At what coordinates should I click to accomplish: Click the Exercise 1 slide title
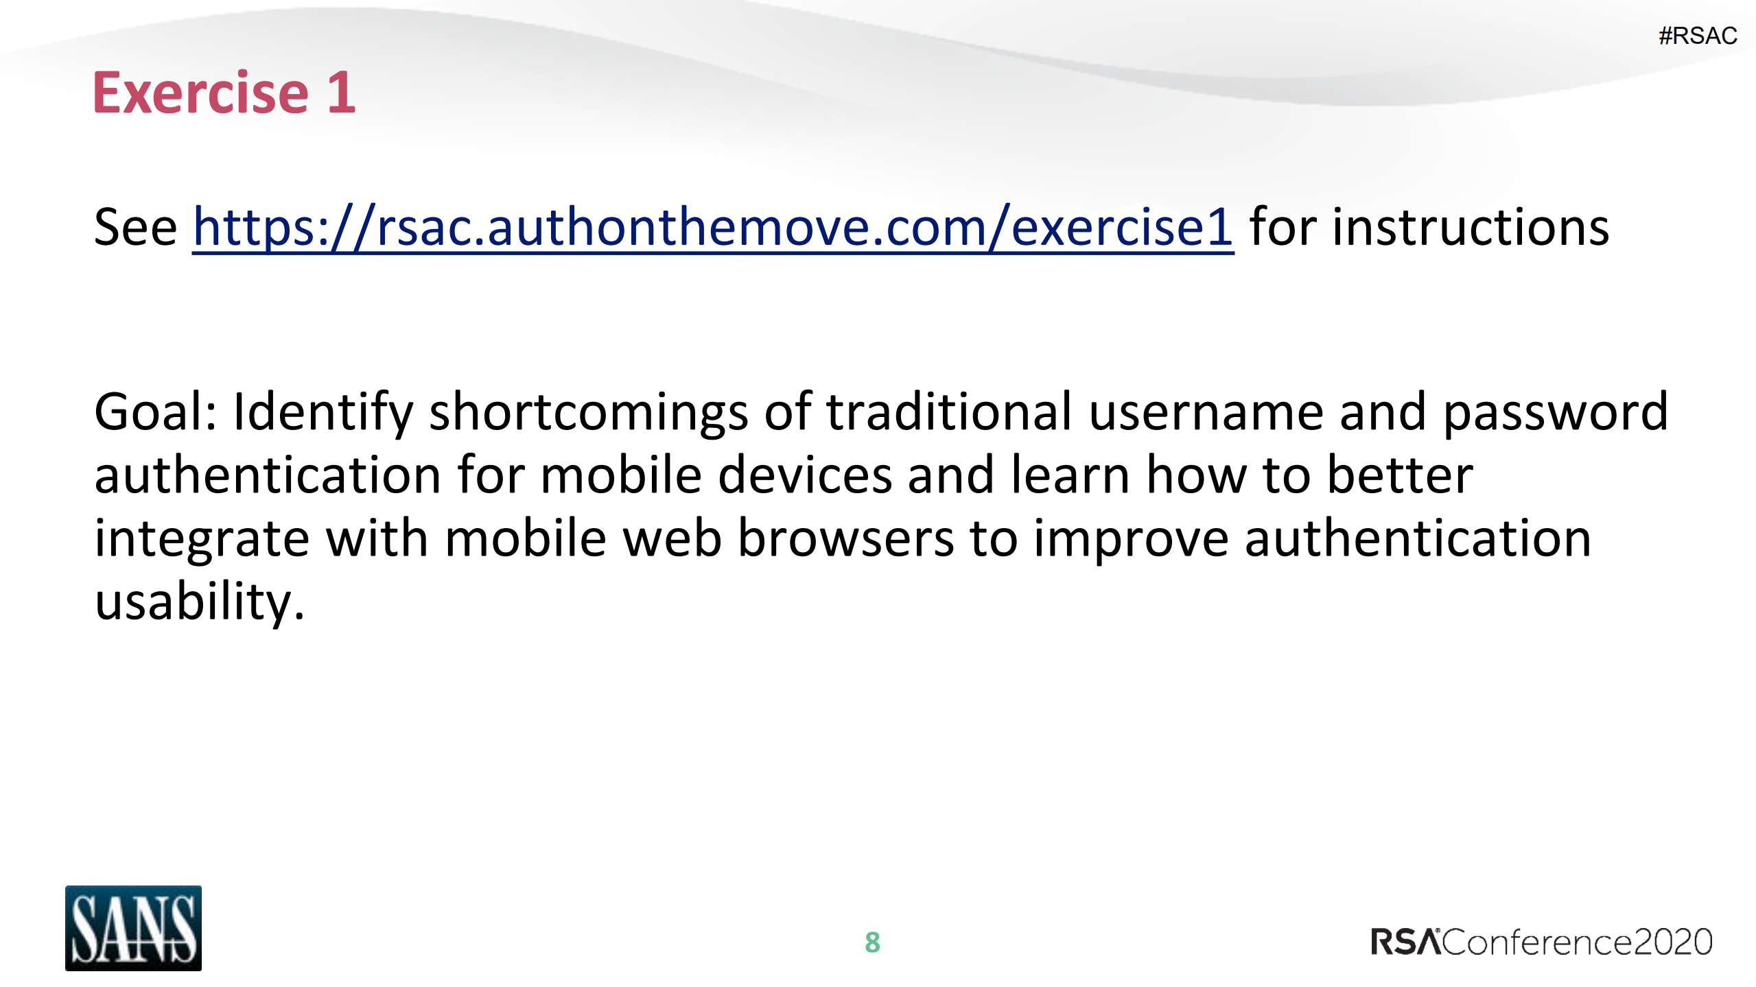click(x=224, y=93)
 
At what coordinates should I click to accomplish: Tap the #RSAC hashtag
click(x=1697, y=36)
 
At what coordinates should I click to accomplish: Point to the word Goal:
click(x=156, y=412)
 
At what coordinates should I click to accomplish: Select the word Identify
click(x=323, y=413)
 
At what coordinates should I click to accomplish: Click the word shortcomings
click(x=588, y=413)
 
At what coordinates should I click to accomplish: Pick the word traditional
click(x=948, y=412)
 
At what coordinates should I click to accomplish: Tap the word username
click(x=1206, y=413)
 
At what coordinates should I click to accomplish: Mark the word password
click(x=1555, y=413)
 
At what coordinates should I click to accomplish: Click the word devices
click(x=804, y=475)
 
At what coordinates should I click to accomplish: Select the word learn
click(x=1070, y=475)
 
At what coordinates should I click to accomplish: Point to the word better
click(x=1400, y=475)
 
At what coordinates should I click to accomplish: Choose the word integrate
click(x=202, y=539)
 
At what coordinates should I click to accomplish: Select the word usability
click(x=199, y=602)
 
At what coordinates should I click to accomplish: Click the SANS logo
click(x=133, y=927)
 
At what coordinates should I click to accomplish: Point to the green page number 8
click(x=872, y=942)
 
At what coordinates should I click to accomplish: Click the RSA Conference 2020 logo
click(x=1541, y=942)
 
